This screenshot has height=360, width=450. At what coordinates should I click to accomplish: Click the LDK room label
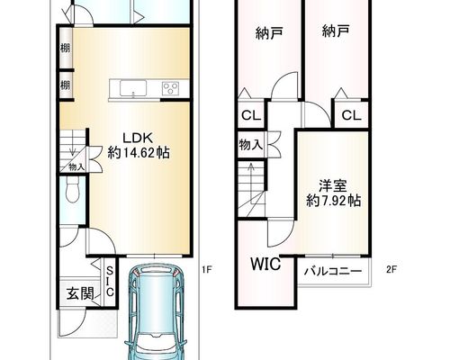[x=139, y=138]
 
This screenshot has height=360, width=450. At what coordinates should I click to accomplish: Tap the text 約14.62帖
[x=139, y=153]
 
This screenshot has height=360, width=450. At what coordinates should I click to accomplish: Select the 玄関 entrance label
[x=80, y=293]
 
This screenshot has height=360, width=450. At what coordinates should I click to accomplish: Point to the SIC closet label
[x=110, y=282]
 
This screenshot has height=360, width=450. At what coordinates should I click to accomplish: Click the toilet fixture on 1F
[x=72, y=189]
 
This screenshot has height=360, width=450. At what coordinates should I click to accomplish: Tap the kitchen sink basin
[x=133, y=88]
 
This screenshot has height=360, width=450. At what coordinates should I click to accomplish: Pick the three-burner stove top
[x=170, y=88]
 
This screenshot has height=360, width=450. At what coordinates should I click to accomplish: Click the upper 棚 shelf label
[x=66, y=48]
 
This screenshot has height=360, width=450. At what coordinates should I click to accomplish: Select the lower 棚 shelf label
[x=66, y=85]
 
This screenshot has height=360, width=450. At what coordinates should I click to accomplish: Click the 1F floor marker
[x=207, y=270]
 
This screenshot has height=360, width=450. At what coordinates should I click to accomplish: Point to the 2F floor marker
[x=391, y=270]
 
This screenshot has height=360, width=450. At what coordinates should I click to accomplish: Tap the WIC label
[x=265, y=264]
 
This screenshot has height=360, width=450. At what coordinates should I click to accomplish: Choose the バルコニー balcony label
[x=333, y=272]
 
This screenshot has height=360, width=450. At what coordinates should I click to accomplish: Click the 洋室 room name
[x=332, y=186]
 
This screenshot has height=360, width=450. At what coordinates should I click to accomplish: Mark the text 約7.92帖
[x=333, y=201]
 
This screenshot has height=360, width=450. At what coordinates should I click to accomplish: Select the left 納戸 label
[x=269, y=33]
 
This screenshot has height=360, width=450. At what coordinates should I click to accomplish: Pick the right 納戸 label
[x=336, y=31]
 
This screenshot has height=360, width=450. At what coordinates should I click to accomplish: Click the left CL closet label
[x=251, y=115]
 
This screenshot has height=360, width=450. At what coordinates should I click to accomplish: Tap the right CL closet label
[x=352, y=115]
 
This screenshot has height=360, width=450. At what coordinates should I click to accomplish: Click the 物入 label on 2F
[x=251, y=145]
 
